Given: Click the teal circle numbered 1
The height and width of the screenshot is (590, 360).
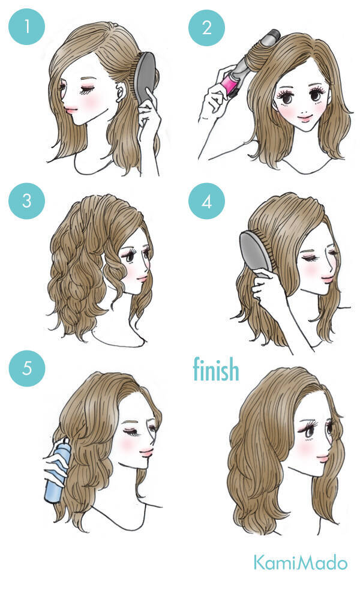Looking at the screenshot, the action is [26, 27].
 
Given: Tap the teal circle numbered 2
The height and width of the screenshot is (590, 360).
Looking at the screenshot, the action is [206, 28].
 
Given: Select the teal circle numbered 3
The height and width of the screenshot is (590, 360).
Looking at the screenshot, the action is [26, 201].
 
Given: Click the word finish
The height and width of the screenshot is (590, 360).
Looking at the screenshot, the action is [216, 369].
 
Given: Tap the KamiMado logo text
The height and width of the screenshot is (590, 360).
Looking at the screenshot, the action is [300, 562].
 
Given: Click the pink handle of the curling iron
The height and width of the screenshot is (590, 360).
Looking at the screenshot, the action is [231, 83].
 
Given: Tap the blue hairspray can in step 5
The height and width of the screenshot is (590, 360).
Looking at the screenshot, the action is [57, 472].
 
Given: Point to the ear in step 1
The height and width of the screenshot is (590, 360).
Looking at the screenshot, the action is [121, 92].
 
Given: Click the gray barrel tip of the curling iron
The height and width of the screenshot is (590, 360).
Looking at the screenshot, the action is [272, 36].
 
